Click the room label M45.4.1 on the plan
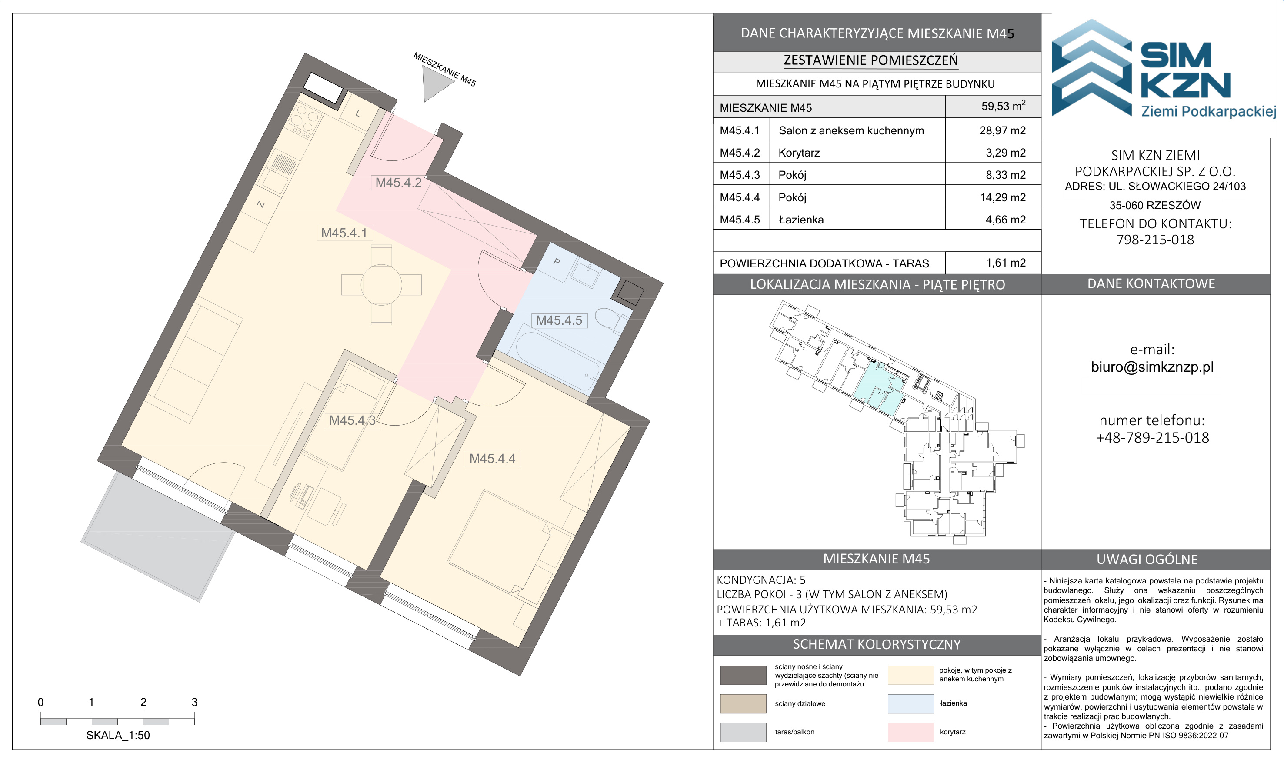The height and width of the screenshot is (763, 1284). coord(344,233)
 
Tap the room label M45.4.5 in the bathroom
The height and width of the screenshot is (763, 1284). coord(559,320)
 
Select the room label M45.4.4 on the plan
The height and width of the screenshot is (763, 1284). coord(492,459)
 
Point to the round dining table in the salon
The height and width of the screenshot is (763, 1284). coord(382,284)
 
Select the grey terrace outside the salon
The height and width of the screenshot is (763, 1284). coord(157,535)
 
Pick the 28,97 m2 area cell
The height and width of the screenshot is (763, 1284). coord(1002,130)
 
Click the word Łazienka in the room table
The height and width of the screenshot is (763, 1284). coord(801,220)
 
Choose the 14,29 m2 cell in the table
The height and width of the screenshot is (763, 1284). coord(1002,197)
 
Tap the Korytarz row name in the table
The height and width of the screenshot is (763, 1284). coord(799,153)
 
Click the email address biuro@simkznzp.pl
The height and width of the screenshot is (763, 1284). coord(1152,367)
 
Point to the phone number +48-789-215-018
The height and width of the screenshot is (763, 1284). coord(1152,437)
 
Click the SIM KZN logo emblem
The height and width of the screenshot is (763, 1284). coord(1092,68)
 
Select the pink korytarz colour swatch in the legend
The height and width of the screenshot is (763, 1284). coord(910,732)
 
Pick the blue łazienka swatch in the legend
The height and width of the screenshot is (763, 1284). coord(910,703)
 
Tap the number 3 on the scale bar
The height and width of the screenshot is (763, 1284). coord(194,702)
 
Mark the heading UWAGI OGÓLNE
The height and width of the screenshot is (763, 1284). coord(1147,560)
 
